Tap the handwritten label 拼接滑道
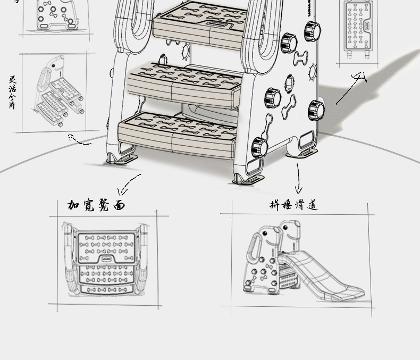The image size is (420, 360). pyautogui.click(x=293, y=205)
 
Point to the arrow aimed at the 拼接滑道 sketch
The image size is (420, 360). pyautogui.click(x=298, y=178)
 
